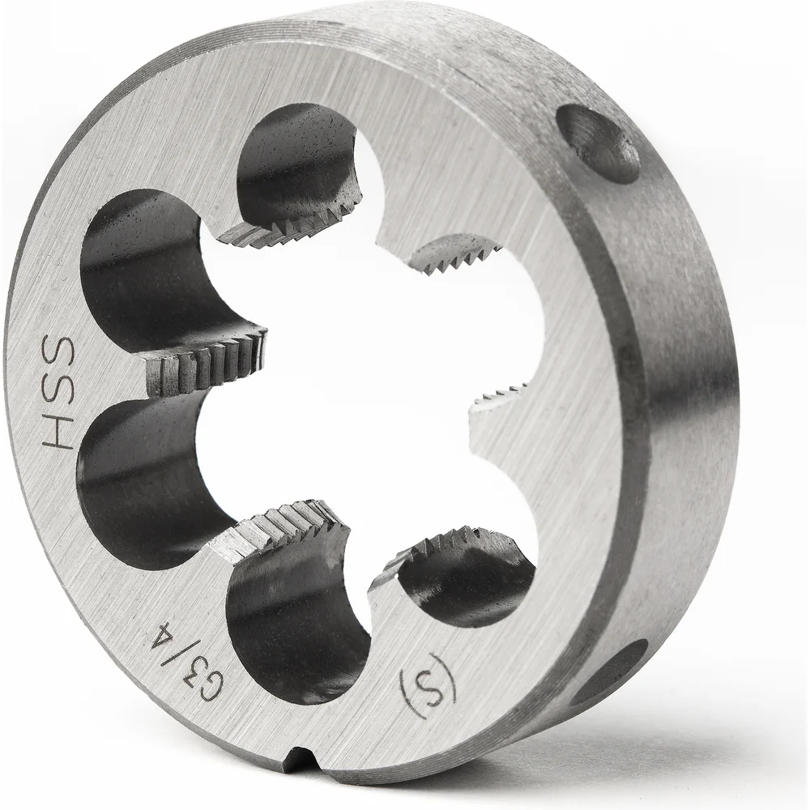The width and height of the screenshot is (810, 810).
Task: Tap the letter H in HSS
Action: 57,431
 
